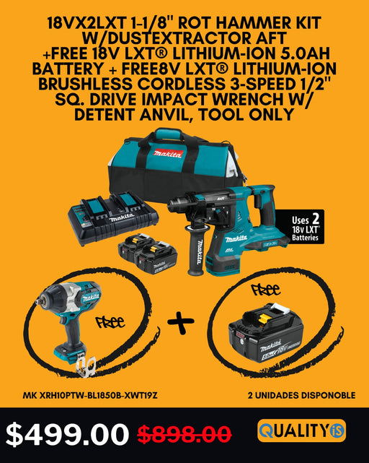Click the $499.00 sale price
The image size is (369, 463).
pos(67,434)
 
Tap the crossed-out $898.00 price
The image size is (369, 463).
pos(184,434)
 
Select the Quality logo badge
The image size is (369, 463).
pos(301,430)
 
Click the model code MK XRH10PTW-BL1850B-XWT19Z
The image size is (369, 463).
pos(90,395)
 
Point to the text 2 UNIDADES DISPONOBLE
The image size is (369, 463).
pos(301,395)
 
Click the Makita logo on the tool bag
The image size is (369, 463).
pos(168,153)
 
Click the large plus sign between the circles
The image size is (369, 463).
pos(181,321)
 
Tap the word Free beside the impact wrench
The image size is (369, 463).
pos(110,321)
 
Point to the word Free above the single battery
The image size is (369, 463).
pos(266,290)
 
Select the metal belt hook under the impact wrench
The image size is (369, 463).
pos(86,366)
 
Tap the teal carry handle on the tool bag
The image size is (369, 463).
pos(169,134)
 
